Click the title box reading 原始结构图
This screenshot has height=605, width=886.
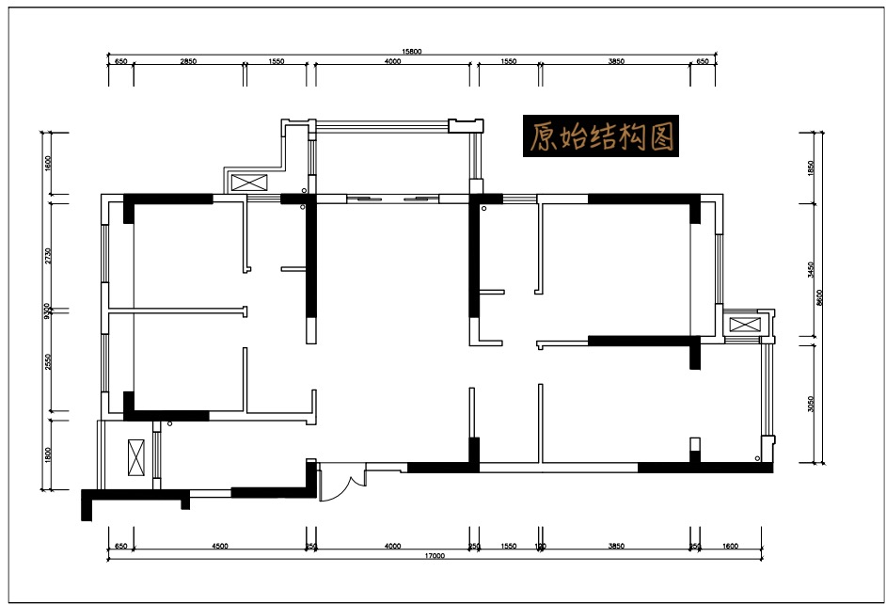[x=600, y=137]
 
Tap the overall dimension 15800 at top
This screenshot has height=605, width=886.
[x=412, y=52]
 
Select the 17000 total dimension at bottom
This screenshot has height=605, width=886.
[x=435, y=556]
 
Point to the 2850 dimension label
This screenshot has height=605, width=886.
[x=188, y=61]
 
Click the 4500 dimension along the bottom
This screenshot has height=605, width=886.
[x=219, y=546]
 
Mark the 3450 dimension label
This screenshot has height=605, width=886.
[x=810, y=270]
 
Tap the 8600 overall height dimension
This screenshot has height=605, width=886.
[x=820, y=297]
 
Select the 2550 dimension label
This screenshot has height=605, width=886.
[x=47, y=362]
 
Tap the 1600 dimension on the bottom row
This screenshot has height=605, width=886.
[x=731, y=546]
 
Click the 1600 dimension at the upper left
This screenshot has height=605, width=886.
[x=47, y=165]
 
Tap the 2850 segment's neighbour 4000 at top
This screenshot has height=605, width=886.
[x=392, y=61]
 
